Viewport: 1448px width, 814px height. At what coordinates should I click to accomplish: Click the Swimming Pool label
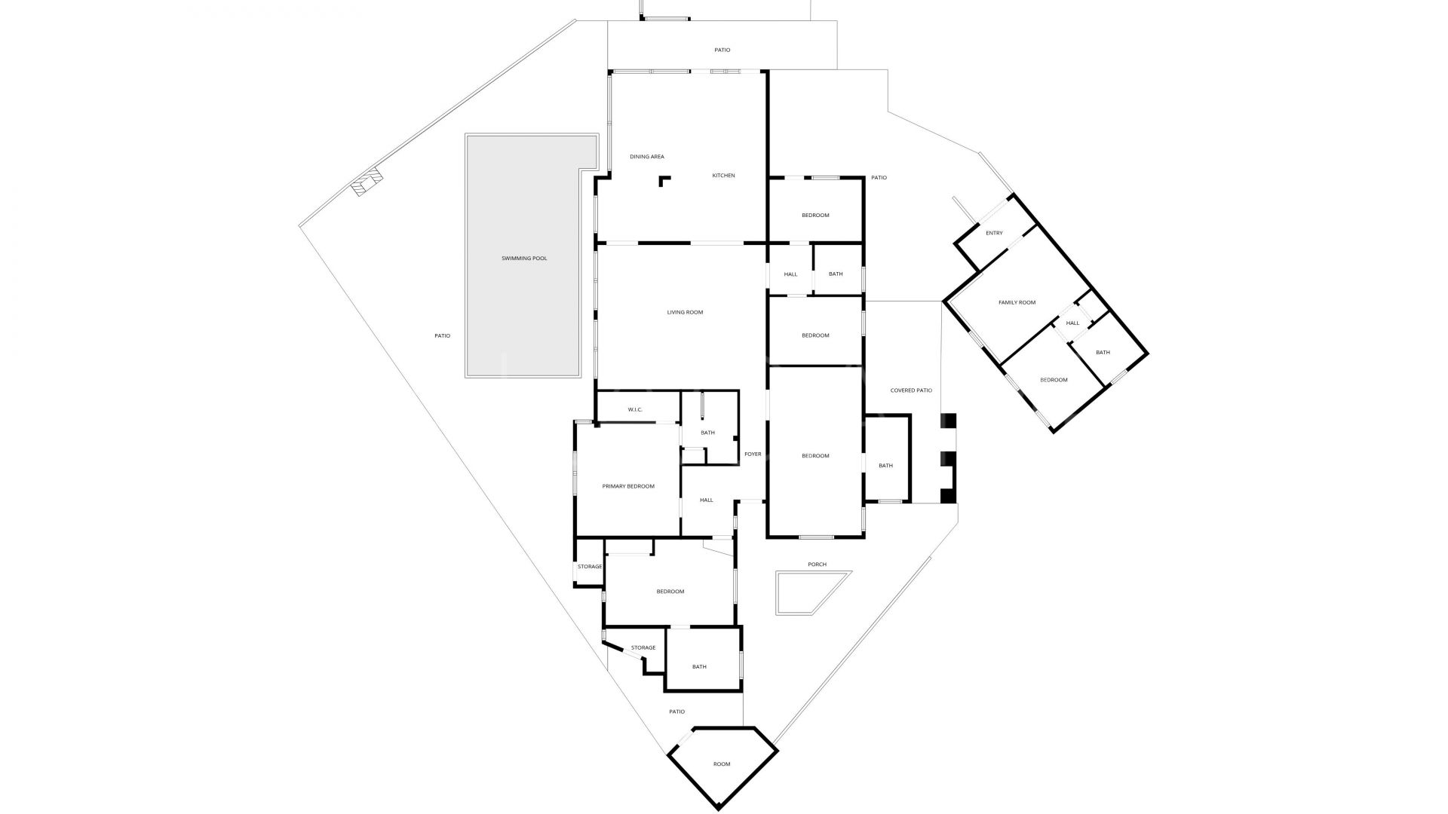pyautogui.click(x=524, y=259)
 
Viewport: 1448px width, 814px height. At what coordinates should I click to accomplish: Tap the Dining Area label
pyautogui.click(x=647, y=157)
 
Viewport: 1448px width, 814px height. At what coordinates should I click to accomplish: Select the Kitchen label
pyautogui.click(x=723, y=176)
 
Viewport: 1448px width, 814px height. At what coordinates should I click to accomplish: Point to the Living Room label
pyautogui.click(x=685, y=312)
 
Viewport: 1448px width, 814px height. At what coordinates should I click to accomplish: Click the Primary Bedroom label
pyautogui.click(x=628, y=486)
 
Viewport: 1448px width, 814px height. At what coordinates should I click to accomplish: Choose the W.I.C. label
pyautogui.click(x=635, y=409)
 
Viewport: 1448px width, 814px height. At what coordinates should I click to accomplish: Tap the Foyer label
pyautogui.click(x=753, y=454)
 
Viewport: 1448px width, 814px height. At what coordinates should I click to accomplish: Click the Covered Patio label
pyautogui.click(x=911, y=390)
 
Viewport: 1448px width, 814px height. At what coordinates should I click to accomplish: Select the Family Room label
pyautogui.click(x=1017, y=302)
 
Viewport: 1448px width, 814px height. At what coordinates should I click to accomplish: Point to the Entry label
pyautogui.click(x=994, y=233)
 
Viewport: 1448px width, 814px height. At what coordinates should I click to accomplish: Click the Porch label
pyautogui.click(x=817, y=564)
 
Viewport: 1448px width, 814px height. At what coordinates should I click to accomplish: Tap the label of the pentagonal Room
pyautogui.click(x=722, y=764)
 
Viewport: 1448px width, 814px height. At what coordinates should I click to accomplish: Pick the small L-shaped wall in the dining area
pyautogui.click(x=664, y=180)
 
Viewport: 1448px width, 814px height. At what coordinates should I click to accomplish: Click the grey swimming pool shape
pyautogui.click(x=522, y=256)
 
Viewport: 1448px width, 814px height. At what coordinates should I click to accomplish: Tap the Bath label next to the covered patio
pyautogui.click(x=885, y=465)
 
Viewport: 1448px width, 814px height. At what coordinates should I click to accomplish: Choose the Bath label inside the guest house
pyautogui.click(x=1103, y=352)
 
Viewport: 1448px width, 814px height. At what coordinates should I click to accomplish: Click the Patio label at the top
pyautogui.click(x=722, y=50)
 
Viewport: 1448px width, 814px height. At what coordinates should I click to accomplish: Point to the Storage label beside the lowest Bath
pyautogui.click(x=643, y=647)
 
